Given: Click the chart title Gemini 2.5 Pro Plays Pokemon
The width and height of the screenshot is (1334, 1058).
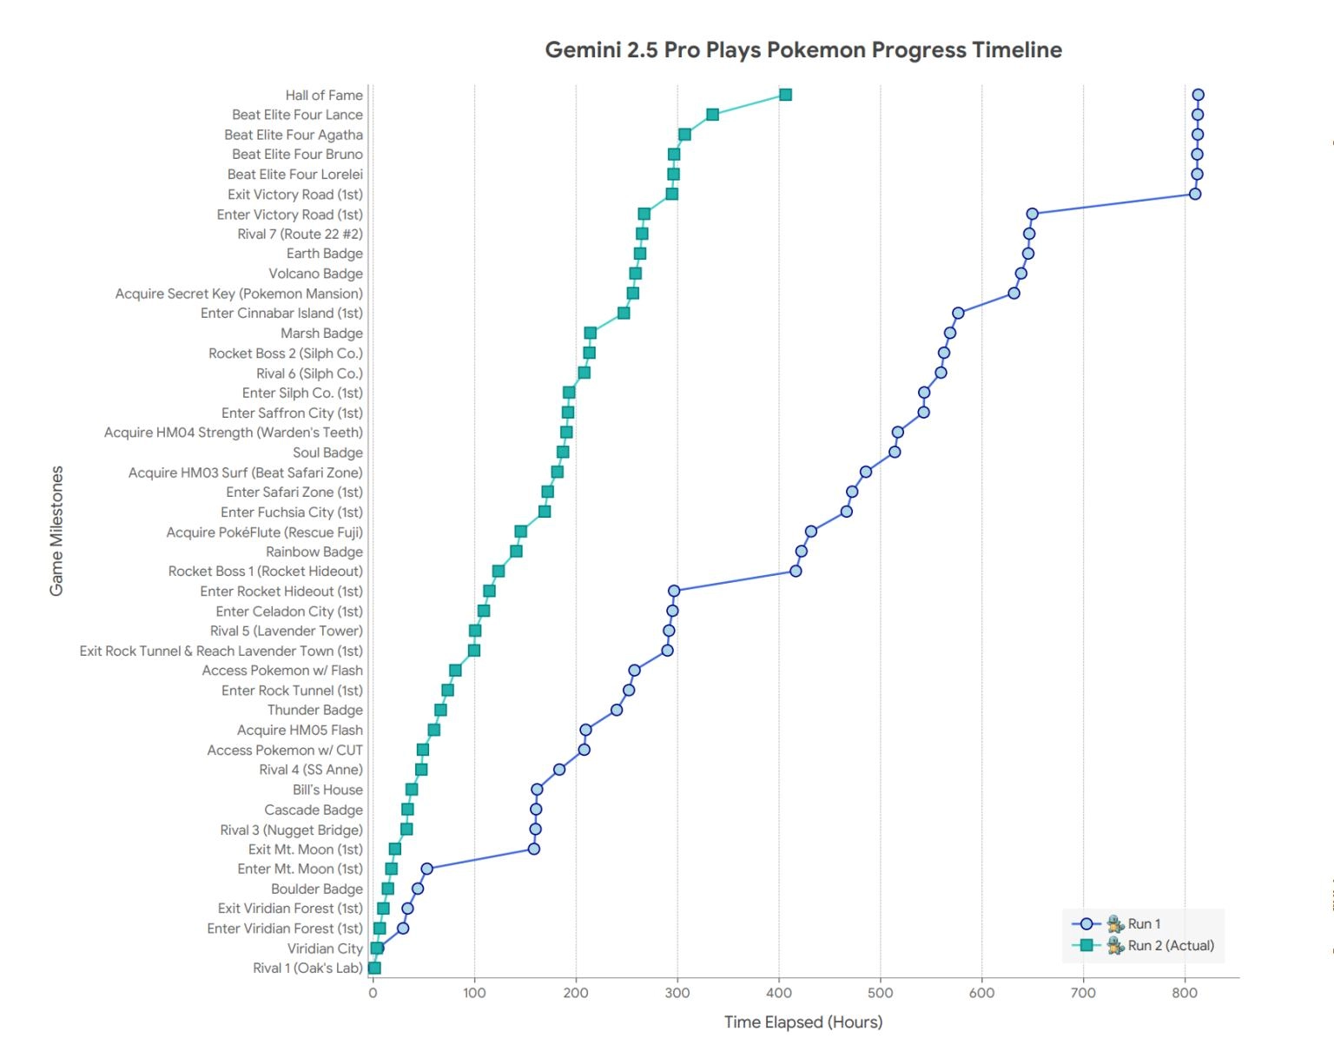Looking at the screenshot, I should (x=803, y=50).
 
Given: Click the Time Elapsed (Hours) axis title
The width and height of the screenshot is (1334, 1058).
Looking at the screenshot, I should (x=803, y=1022).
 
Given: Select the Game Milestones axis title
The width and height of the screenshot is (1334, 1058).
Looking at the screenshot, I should (x=56, y=531).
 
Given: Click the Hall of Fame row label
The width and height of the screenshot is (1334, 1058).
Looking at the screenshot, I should (x=324, y=96).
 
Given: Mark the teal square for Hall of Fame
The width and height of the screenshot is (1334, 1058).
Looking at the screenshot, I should (x=785, y=95).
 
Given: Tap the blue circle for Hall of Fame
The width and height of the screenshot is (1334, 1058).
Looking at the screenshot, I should (x=1198, y=95).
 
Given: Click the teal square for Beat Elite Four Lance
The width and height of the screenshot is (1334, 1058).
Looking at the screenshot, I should (x=712, y=115).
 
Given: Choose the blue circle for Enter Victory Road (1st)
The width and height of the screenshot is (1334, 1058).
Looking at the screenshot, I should (x=1032, y=214).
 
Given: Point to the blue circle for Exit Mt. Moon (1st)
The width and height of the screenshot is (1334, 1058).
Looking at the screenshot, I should (x=534, y=849).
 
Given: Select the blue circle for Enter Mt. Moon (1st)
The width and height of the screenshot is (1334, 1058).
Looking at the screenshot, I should (x=426, y=869).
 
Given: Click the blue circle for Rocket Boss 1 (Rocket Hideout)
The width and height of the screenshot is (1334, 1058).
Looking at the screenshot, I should (x=796, y=571).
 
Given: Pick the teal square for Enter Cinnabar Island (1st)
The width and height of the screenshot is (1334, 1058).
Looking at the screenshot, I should (x=624, y=313).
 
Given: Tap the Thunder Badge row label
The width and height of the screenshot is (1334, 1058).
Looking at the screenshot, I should (x=314, y=711).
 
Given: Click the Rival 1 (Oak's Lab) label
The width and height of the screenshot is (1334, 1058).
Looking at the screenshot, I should (x=307, y=969).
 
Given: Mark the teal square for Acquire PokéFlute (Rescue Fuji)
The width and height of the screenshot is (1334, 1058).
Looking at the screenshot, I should (x=521, y=532).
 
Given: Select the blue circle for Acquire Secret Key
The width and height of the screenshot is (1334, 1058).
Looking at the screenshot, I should (x=1014, y=294).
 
